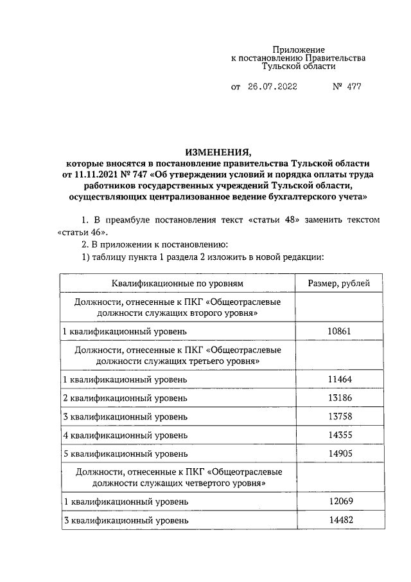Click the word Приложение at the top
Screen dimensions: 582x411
pos(298,50)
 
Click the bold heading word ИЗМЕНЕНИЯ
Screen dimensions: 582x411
pos(217,152)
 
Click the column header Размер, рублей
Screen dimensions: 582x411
pos(338,283)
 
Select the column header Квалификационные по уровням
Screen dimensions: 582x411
pos(178,283)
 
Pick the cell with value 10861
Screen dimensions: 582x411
pos(338,331)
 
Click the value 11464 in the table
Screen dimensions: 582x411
pos(338,380)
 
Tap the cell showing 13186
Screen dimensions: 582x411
pos(338,399)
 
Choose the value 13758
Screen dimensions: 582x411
pos(338,417)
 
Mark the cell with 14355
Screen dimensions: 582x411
pos(338,435)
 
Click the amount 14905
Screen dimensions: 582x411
pos(338,453)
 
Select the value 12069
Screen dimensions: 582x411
pos(338,502)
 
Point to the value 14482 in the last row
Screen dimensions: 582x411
pos(338,520)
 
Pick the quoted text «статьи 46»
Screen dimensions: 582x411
pos(82,232)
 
